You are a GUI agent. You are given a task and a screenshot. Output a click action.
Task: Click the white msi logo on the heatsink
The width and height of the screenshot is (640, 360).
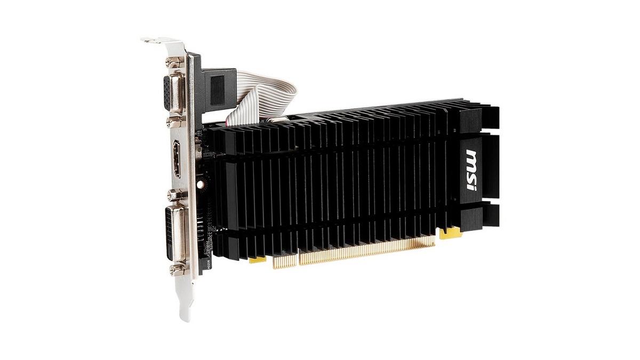coord(471,170)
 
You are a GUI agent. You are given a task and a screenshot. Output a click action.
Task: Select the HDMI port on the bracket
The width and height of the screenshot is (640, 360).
coord(176,158)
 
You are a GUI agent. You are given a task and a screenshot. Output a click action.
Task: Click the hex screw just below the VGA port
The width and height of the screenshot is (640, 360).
coord(174,123)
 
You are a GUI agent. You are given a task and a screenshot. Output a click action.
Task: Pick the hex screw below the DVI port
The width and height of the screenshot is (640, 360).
coord(177,270)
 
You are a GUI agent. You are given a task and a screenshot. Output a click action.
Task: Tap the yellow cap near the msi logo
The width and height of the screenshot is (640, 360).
coord(451,233)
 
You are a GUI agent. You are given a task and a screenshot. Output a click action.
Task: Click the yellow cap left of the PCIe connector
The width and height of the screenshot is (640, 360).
coord(258,260)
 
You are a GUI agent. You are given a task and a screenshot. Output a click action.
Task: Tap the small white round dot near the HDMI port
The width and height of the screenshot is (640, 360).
coord(200,185)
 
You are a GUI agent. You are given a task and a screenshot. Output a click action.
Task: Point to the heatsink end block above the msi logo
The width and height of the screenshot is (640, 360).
coord(483,117)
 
